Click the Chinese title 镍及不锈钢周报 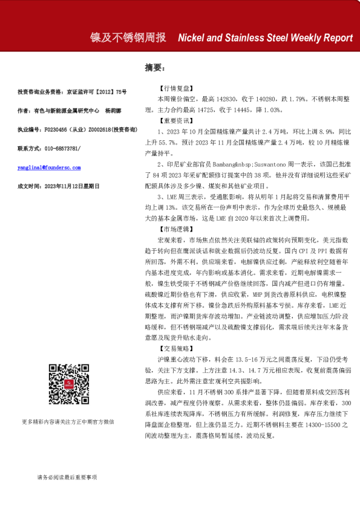pyautogui.click(x=128, y=37)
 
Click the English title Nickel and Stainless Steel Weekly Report pyautogui.click(x=265, y=37)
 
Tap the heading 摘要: pyautogui.click(x=154, y=67)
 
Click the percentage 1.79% pyautogui.click(x=308, y=97)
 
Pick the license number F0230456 pyautogui.click(x=59, y=129)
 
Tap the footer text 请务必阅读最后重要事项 pyautogui.click(x=67, y=478)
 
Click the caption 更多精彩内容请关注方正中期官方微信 pyautogui.click(x=67, y=421)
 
